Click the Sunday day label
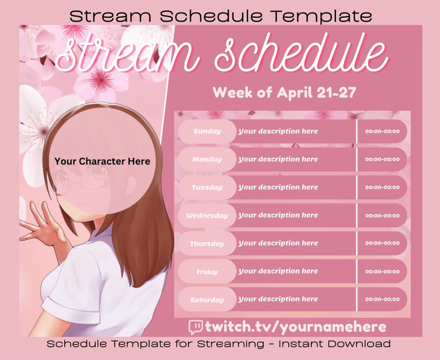pos(207,131)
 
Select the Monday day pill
pos(207,160)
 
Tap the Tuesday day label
pos(207,187)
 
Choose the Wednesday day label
pos(207,215)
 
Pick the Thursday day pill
pos(207,244)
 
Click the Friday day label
pos(207,272)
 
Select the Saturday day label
pos(207,300)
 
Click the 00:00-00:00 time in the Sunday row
pos(382,131)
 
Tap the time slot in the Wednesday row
pos(382,215)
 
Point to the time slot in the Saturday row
pos(382,300)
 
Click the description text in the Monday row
pos(278,160)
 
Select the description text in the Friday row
pos(278,271)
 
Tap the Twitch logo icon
pos(196,327)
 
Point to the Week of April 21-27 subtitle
pos(284,92)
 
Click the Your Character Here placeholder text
pos(102,161)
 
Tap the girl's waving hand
pos(42,225)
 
